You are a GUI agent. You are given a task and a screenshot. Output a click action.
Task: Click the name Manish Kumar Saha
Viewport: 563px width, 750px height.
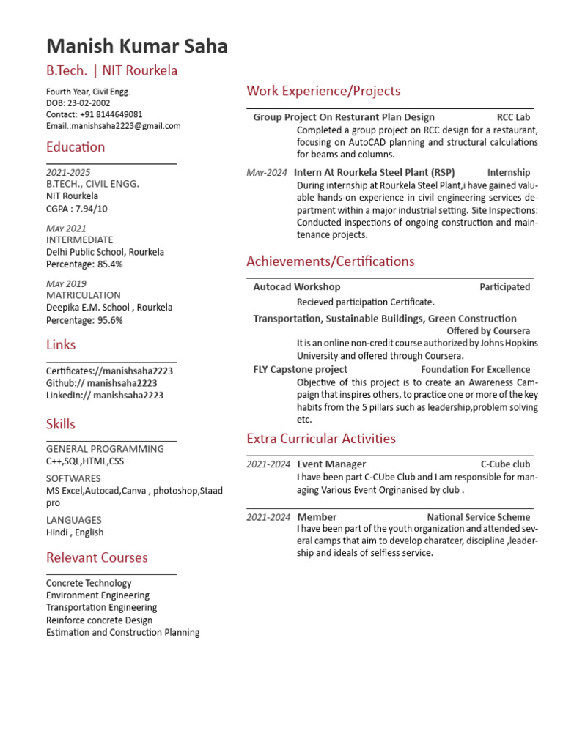(x=136, y=47)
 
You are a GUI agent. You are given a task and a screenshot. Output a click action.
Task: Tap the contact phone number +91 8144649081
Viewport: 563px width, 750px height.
(x=111, y=115)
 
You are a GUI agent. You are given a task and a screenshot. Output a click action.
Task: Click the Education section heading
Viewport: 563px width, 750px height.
(x=76, y=147)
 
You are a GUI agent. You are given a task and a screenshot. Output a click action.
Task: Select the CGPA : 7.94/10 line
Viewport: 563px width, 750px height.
(x=77, y=209)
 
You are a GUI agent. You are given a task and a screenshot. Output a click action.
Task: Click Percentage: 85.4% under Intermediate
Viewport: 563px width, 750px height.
(x=84, y=264)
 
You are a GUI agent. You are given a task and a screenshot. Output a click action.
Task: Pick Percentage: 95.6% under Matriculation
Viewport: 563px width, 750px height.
(x=84, y=320)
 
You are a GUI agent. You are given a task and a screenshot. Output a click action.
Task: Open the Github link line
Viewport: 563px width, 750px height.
(x=101, y=383)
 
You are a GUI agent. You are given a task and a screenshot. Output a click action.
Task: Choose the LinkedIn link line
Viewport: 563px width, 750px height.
(x=105, y=396)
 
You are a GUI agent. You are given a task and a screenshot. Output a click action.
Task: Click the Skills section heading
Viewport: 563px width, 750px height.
(x=61, y=424)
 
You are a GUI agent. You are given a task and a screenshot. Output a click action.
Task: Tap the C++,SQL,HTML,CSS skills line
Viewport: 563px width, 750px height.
(x=85, y=461)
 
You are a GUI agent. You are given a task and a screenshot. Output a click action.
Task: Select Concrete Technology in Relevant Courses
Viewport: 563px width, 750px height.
(x=89, y=583)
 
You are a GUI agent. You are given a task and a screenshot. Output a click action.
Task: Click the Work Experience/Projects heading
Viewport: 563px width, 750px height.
(x=323, y=91)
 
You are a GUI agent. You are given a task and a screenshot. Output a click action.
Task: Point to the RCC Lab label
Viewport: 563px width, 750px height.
(x=513, y=117)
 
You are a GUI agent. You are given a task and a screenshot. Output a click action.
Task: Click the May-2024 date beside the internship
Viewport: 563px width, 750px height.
(x=267, y=173)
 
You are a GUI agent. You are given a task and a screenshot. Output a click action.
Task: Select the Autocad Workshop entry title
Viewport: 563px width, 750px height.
(x=296, y=287)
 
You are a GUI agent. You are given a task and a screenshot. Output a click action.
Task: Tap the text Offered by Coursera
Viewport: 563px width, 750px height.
(x=488, y=331)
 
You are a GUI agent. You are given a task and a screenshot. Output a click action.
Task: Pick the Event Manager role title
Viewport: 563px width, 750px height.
(x=331, y=464)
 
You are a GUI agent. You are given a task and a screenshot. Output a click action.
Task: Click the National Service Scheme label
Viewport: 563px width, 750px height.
(x=478, y=517)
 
